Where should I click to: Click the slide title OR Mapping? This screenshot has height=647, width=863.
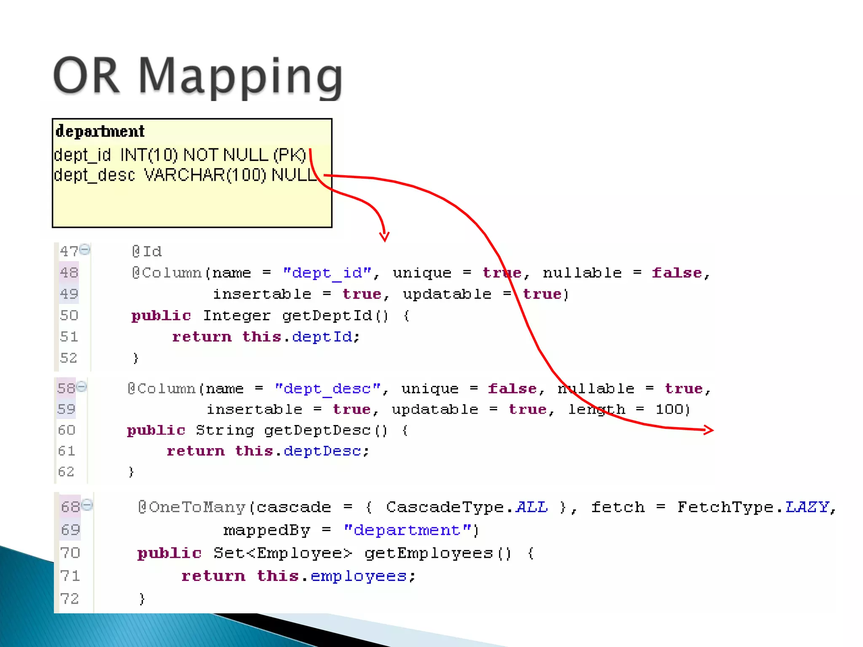(x=198, y=76)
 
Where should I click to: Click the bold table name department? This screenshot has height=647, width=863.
(x=100, y=131)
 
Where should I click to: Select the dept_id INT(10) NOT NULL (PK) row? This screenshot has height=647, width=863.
(x=180, y=155)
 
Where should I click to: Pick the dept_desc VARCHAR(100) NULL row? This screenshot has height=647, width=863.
(x=185, y=175)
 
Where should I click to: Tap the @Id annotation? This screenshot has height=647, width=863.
(x=147, y=251)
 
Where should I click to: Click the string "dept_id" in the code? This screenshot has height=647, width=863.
(x=327, y=273)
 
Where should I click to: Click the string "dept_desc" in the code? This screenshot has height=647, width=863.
(x=327, y=388)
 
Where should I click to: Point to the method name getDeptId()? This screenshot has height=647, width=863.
(x=335, y=315)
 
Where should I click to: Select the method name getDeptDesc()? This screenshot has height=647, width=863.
(x=325, y=430)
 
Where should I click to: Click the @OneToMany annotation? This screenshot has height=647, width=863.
(x=192, y=507)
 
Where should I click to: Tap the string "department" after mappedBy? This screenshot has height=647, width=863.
(x=407, y=530)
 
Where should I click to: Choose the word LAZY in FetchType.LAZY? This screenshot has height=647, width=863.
(x=807, y=507)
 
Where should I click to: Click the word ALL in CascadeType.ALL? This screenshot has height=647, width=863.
(x=532, y=507)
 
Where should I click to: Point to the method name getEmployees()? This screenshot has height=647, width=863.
(x=438, y=553)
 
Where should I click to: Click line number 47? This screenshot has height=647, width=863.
(x=69, y=251)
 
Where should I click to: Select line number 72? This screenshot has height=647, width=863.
(x=70, y=599)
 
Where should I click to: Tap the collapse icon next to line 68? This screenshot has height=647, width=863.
(x=87, y=505)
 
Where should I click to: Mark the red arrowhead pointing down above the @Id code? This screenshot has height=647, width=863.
(x=384, y=236)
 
